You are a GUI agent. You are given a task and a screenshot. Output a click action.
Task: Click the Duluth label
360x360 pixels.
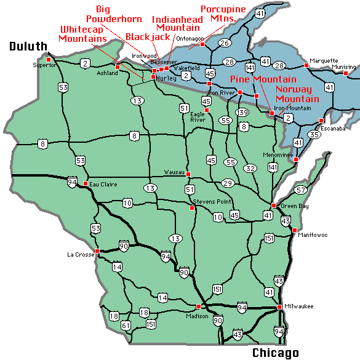(28, 46)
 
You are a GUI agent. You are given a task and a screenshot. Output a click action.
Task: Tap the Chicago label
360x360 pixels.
(275, 353)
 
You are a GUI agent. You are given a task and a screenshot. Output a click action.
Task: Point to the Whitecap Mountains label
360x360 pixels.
(83, 34)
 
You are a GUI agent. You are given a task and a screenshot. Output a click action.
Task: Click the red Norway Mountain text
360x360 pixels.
(297, 94)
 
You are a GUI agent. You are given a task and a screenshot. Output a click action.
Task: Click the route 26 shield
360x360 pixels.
(225, 42)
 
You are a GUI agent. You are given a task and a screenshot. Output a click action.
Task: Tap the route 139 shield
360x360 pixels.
(242, 112)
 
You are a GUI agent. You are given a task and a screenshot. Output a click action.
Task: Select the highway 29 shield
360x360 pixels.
(228, 183)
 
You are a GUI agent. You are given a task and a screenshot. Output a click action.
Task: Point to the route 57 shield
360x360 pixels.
(301, 190)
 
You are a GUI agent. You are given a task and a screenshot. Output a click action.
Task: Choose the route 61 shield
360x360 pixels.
(126, 325)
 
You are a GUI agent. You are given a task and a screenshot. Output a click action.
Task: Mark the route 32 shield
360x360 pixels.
(250, 168)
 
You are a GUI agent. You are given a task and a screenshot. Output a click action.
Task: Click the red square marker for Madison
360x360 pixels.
(198, 306)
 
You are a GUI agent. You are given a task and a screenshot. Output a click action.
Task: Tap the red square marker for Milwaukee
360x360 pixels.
(279, 306)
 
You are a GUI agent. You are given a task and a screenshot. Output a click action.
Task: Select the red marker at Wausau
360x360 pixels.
(188, 174)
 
